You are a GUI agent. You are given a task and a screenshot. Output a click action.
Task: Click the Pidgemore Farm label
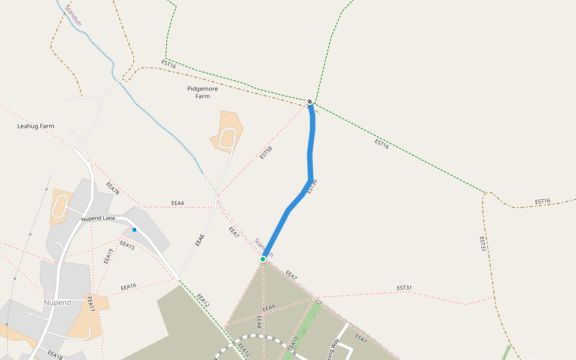(x=202, y=92)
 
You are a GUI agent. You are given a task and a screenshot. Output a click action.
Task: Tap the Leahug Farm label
(x=35, y=127)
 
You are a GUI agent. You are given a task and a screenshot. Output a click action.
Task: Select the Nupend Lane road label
(x=98, y=218)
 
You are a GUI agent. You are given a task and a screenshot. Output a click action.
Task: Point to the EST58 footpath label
(x=266, y=153)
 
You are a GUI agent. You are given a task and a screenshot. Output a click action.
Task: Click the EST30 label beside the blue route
(x=311, y=187)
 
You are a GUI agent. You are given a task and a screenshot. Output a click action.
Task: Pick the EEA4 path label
(x=178, y=203)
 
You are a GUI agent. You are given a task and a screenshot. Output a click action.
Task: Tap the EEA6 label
(x=200, y=241)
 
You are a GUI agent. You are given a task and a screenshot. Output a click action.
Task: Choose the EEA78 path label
(x=113, y=188)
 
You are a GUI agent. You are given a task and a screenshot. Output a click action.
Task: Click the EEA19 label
(x=108, y=256)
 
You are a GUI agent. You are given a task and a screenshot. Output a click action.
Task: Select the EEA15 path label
(x=127, y=245)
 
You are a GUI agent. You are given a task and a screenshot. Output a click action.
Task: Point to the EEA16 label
(x=128, y=287)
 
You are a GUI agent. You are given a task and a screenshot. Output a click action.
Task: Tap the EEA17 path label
(x=91, y=304)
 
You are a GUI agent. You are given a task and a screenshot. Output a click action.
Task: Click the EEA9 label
(x=268, y=308)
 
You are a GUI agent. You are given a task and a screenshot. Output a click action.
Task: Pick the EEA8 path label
(x=259, y=322)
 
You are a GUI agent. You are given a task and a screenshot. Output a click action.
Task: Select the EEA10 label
(x=293, y=343)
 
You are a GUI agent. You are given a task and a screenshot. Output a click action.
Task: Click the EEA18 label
(x=55, y=355)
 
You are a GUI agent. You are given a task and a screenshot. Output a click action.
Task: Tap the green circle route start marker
(x=263, y=259)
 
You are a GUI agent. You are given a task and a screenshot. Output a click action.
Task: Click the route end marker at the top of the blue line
(x=310, y=101)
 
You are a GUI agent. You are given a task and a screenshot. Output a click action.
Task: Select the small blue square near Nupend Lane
(x=134, y=230)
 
